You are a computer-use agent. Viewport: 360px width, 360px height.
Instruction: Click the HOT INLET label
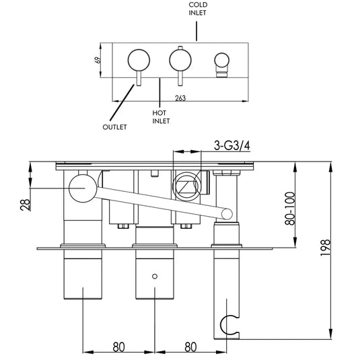click(x=161, y=117)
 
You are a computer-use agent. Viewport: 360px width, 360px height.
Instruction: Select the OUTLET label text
click(x=114, y=127)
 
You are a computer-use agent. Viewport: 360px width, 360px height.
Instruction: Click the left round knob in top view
click(x=140, y=59)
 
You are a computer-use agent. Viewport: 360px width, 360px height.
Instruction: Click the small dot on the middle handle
click(x=155, y=276)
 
